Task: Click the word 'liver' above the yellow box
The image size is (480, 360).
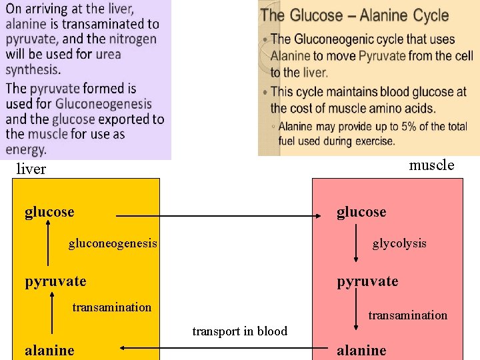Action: click(x=31, y=169)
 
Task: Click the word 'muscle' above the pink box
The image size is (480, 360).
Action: click(x=431, y=165)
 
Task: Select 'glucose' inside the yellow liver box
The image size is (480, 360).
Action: click(x=49, y=212)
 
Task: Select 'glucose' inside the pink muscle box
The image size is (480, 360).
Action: click(x=361, y=212)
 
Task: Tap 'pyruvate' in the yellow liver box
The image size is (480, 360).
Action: click(x=55, y=281)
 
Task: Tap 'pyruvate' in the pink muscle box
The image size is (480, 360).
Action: click(x=367, y=281)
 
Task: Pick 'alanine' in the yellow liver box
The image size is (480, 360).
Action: click(x=49, y=350)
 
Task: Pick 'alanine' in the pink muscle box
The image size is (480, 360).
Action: click(x=361, y=350)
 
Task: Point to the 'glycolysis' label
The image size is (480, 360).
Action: click(x=399, y=243)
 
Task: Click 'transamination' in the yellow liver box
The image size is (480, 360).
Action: click(x=111, y=307)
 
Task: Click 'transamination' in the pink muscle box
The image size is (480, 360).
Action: click(x=408, y=315)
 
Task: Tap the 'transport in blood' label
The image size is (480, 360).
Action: click(x=240, y=331)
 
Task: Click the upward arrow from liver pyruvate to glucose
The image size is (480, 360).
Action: click(x=48, y=244)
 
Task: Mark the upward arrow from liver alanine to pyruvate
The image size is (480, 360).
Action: click(x=52, y=313)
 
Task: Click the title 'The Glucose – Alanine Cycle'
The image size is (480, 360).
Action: click(x=354, y=15)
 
